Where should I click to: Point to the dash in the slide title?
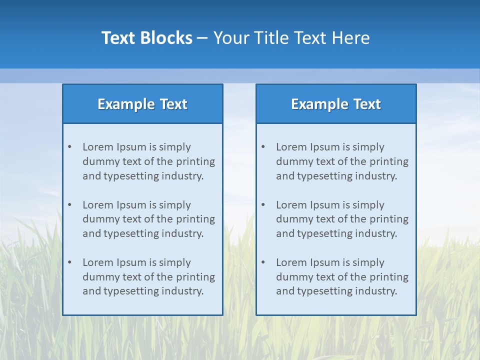click(x=202, y=38)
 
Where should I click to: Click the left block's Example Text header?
click(x=142, y=104)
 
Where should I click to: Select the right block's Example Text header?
click(x=336, y=104)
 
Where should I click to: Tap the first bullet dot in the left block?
click(x=69, y=147)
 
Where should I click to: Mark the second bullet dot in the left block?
click(x=69, y=205)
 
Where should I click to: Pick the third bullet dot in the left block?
click(x=69, y=262)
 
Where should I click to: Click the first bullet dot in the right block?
click(x=263, y=147)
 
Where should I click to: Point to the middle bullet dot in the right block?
click(x=263, y=205)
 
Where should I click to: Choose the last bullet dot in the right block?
click(x=263, y=262)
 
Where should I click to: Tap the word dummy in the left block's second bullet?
click(x=99, y=219)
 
